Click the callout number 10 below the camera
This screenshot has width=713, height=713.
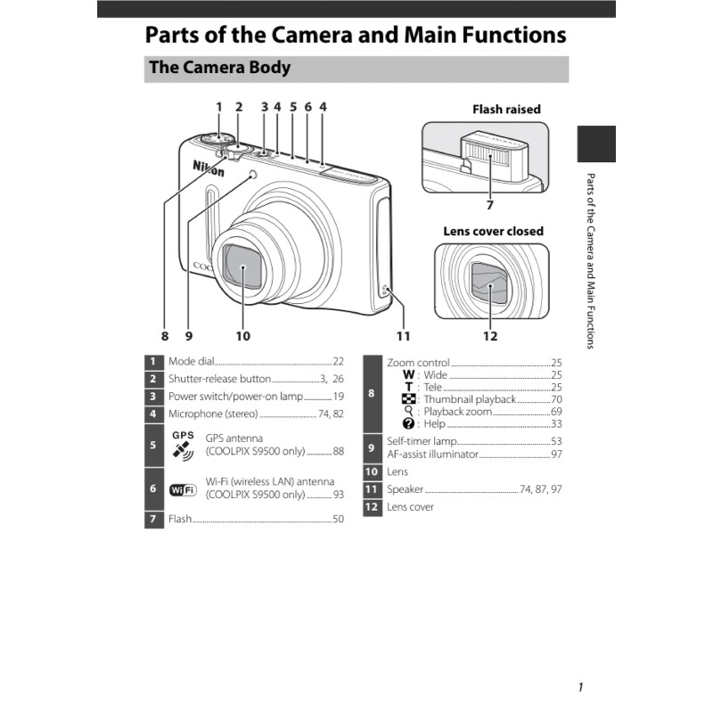click(243, 336)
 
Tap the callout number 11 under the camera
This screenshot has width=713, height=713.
click(404, 336)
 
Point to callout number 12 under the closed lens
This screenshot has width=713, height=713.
click(490, 336)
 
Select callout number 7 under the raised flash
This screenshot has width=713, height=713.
click(490, 204)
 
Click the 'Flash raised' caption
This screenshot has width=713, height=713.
click(506, 110)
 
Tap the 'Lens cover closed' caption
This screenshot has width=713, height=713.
click(493, 231)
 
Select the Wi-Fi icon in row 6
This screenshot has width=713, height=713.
click(183, 488)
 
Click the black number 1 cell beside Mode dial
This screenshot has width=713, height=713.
click(154, 362)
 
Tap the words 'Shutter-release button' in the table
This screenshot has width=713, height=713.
click(219, 379)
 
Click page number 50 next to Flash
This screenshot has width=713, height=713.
click(338, 519)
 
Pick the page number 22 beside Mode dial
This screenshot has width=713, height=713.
click(338, 362)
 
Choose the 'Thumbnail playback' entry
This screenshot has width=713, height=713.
click(470, 399)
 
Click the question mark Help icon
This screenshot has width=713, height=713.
click(408, 424)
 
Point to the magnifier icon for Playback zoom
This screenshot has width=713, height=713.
click(408, 412)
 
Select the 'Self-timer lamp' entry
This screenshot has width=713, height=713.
click(421, 441)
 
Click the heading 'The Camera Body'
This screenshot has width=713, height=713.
click(219, 68)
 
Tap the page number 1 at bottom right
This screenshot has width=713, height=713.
click(580, 686)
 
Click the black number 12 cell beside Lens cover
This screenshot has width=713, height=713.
click(373, 507)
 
